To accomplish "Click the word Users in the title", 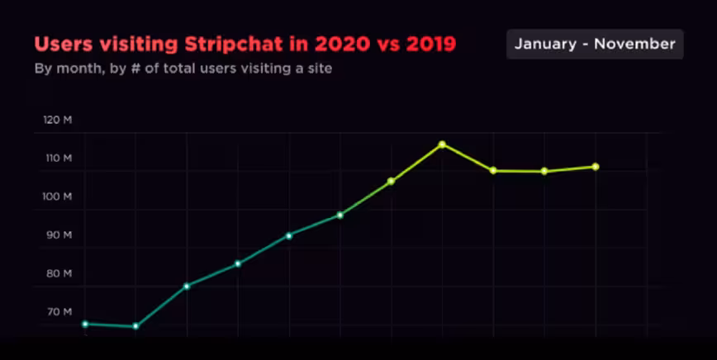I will (60, 44).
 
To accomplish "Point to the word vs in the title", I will (385, 44).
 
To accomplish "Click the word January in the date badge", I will (545, 45).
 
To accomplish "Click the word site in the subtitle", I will (318, 69).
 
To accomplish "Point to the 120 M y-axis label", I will (58, 120).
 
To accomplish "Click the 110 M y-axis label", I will (58, 158).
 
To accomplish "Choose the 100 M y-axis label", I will (58, 197).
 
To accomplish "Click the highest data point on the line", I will (442, 144).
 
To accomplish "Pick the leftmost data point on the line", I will (85, 324).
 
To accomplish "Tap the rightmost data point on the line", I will (596, 167).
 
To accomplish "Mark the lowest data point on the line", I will (135, 326).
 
